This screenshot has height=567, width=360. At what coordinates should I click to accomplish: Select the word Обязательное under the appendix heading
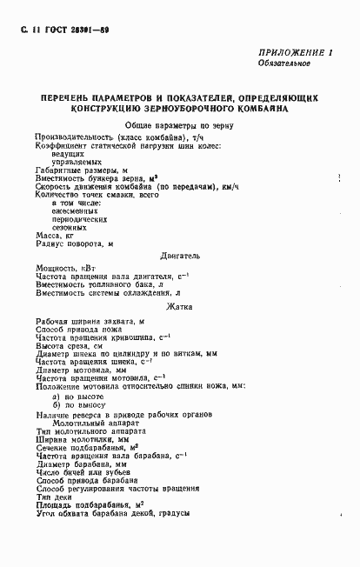point(287,64)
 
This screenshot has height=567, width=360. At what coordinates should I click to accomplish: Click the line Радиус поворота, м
point(75,243)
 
